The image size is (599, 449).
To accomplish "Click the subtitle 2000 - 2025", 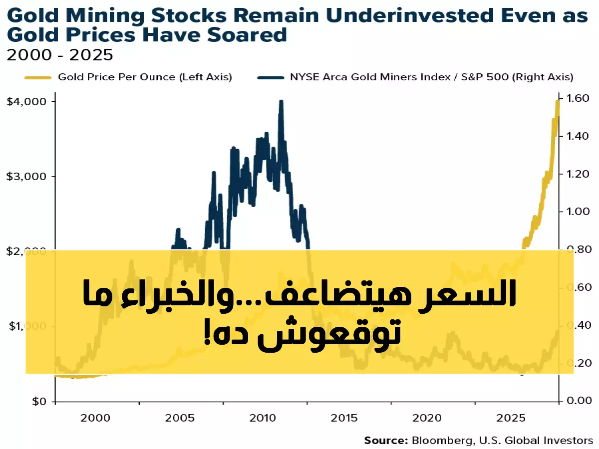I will [59, 54].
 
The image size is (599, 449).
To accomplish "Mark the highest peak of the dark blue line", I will [281, 102].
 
